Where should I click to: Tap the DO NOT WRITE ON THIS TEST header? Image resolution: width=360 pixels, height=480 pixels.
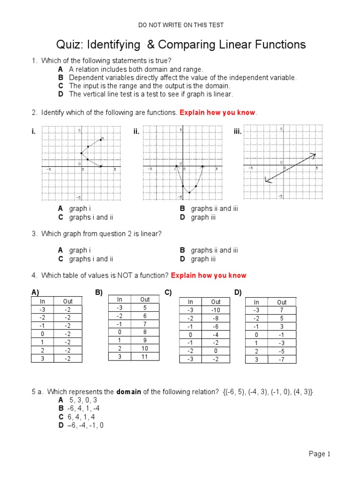(x=180, y=25)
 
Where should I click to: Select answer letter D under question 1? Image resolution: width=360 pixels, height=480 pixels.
(x=60, y=94)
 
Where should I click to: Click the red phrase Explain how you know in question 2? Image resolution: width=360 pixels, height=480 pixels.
(x=218, y=112)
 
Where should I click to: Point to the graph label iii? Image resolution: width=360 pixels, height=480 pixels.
(x=237, y=132)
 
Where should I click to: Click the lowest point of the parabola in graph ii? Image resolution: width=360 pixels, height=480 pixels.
(x=189, y=192)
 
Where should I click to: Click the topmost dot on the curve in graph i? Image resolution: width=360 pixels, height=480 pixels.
(x=101, y=139)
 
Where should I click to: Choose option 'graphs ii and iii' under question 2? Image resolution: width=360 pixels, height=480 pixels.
(x=214, y=209)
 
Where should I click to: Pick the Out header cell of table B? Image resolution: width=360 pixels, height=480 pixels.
(x=145, y=300)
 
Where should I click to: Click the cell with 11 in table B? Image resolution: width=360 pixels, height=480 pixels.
(x=145, y=357)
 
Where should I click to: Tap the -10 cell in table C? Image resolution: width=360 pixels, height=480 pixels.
(x=216, y=310)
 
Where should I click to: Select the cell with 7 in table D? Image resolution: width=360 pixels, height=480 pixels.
(x=282, y=310)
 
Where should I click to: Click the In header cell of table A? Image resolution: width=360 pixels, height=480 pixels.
(x=42, y=301)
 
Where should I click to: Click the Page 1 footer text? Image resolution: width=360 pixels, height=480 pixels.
(x=320, y=454)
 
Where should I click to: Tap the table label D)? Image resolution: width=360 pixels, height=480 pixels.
(x=238, y=292)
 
